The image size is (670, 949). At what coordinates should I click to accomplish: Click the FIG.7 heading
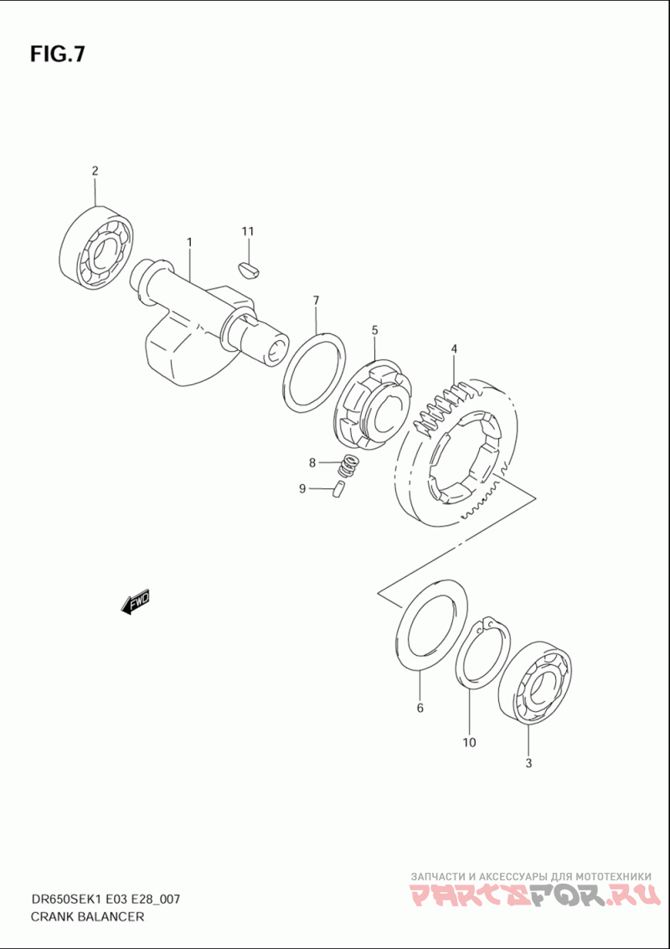(x=58, y=54)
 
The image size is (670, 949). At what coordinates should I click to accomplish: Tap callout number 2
(x=95, y=171)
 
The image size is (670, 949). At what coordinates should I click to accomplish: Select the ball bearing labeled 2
(x=99, y=247)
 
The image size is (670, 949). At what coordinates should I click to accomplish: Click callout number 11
(x=248, y=231)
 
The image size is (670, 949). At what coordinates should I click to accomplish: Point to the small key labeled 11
(x=248, y=269)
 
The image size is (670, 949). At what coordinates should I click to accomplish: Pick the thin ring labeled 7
(x=314, y=373)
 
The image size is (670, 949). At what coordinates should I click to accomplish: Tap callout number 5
(x=374, y=331)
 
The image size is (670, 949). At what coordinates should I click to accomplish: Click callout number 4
(x=454, y=348)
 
